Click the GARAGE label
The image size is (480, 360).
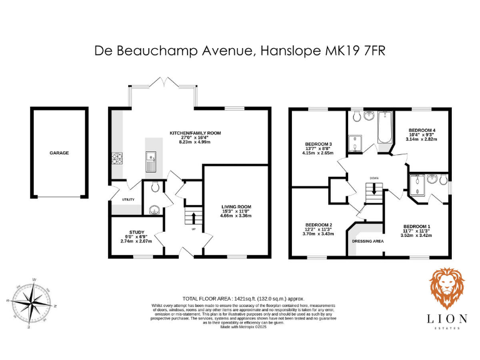59,152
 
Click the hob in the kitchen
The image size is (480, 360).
116,159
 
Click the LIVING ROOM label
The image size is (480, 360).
236,206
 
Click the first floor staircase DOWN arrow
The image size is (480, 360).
374,191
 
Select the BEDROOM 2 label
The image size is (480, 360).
318,224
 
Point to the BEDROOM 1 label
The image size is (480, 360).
416,226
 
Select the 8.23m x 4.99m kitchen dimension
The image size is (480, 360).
195,142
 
